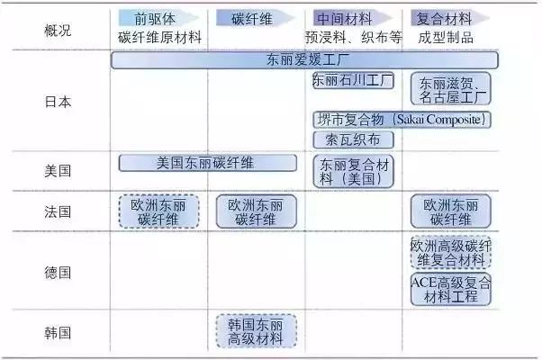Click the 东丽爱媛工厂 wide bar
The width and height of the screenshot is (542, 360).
(304, 59)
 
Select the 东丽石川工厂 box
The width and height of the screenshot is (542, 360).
(353, 80)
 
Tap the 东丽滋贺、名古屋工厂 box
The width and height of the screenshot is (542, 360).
(451, 88)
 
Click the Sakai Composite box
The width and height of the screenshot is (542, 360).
(402, 120)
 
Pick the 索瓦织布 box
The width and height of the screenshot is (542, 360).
(353, 139)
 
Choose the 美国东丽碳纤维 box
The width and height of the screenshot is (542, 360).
(207, 163)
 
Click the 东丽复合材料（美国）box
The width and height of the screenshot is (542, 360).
(353, 171)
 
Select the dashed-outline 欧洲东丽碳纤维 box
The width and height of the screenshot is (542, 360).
(159, 211)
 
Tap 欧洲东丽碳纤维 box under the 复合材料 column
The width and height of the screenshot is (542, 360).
(451, 211)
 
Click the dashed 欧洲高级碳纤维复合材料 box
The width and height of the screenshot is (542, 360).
(451, 252)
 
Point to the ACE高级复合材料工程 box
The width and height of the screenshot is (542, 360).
(451, 290)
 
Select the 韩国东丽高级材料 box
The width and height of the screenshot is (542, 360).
(256, 330)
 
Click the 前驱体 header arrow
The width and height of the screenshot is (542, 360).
(158, 18)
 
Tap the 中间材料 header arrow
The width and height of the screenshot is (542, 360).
(353, 18)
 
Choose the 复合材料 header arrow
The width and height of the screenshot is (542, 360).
(450, 18)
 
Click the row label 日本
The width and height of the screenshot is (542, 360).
(58, 102)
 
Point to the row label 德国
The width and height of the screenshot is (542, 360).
(58, 273)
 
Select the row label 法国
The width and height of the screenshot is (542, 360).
(58, 211)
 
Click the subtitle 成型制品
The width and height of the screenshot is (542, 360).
(446, 37)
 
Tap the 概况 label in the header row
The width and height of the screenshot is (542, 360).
(58, 31)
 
